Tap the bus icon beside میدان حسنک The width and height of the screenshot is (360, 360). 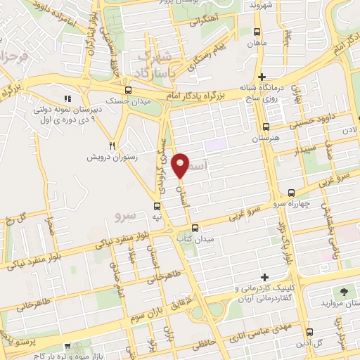127,90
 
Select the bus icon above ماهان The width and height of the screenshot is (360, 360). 257,32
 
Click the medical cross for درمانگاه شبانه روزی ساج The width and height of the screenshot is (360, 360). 262,77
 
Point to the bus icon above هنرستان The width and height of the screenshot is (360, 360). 265,127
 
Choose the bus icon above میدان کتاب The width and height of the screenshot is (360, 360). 195,228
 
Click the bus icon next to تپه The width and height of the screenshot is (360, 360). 157,207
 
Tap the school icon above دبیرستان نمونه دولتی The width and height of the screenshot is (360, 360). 68,100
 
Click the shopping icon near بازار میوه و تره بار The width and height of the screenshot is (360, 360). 67,346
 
